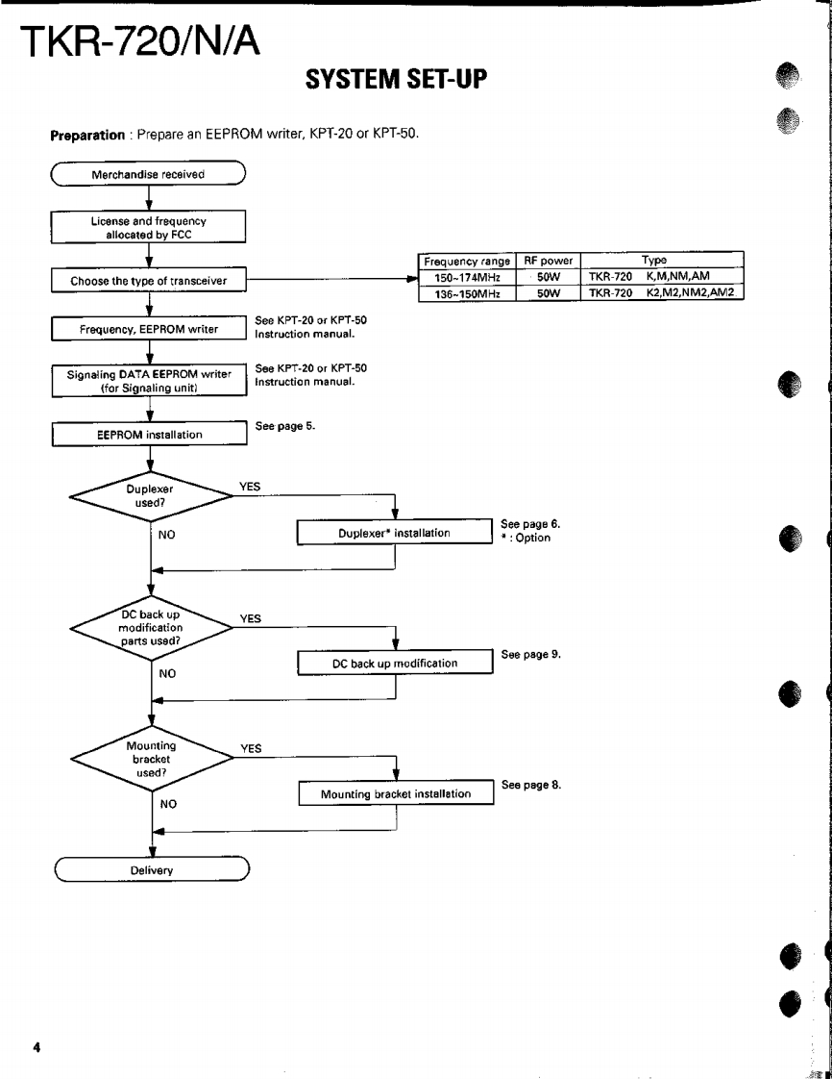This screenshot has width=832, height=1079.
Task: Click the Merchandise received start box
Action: [148, 175]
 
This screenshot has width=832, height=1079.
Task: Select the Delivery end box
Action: [152, 870]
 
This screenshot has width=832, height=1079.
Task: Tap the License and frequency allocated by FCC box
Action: [149, 227]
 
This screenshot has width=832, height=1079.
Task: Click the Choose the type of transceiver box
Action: [149, 281]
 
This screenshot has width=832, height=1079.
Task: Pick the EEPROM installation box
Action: [149, 434]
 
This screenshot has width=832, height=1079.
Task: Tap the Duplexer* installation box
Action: [394, 532]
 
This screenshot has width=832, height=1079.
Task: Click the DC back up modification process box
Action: [394, 663]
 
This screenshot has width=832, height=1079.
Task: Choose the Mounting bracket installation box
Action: [395, 793]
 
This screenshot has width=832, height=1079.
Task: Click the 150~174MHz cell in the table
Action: [467, 276]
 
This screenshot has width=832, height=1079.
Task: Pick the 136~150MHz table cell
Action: [467, 292]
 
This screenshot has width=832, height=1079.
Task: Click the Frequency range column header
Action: [467, 261]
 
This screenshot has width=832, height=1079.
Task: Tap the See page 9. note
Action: [530, 654]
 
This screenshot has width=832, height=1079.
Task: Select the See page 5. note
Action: [284, 425]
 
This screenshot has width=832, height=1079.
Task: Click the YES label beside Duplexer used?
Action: [249, 487]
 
